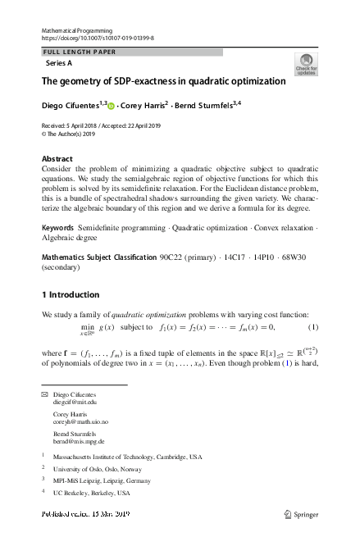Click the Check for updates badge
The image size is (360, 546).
pos(306,64)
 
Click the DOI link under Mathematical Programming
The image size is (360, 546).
pos(97,38)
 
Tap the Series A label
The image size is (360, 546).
pos(60,63)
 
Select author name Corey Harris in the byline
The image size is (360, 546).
pos(144,105)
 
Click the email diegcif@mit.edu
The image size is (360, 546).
pos(75,403)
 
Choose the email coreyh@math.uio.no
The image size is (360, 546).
pos(80,422)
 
